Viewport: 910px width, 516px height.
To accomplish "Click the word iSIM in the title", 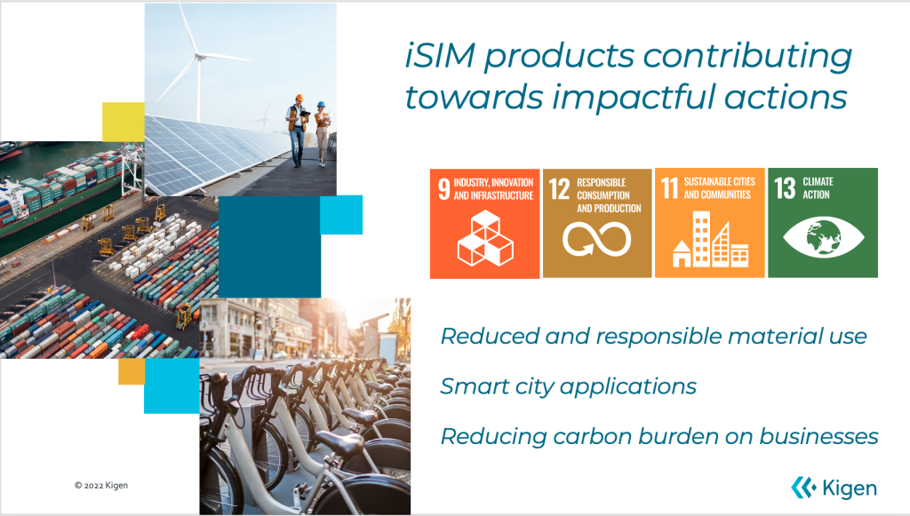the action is [441, 56].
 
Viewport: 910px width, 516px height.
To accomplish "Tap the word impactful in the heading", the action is [634, 96].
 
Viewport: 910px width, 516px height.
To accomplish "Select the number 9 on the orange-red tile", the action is [444, 189].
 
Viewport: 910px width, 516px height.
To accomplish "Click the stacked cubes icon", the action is [485, 238].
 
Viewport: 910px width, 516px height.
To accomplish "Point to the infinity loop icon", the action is [596, 238].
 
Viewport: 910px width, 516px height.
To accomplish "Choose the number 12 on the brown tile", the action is [560, 189].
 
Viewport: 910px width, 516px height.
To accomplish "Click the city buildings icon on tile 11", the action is [710, 239].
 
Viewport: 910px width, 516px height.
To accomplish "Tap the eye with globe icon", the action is [823, 236].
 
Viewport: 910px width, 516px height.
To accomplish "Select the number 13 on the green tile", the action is [785, 188].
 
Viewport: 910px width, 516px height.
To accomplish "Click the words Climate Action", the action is [818, 188].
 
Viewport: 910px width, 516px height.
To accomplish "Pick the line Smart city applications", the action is [568, 386].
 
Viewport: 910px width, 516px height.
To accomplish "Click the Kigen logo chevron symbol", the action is [803, 488].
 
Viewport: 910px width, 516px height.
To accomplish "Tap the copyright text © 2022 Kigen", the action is [101, 485].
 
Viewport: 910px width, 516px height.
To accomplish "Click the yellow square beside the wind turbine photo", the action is [124, 122].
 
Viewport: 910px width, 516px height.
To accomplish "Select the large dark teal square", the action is [269, 247].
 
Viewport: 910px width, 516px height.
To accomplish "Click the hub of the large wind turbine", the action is [199, 56].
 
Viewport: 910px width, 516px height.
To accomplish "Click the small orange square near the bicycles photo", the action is [132, 371].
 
